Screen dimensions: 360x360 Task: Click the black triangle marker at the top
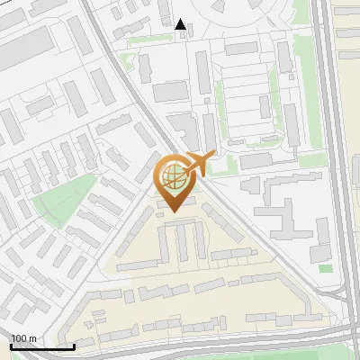(x=181, y=24)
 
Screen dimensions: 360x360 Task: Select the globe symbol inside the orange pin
(x=173, y=175)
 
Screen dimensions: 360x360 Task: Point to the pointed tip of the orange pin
(x=173, y=211)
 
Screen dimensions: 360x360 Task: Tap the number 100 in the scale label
(x=19, y=338)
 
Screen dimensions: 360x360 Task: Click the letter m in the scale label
(x=32, y=338)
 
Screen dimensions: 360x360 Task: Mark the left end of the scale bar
(x=11, y=346)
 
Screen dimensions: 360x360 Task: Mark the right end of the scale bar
(x=74, y=346)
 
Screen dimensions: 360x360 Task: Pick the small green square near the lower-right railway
(x=326, y=268)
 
